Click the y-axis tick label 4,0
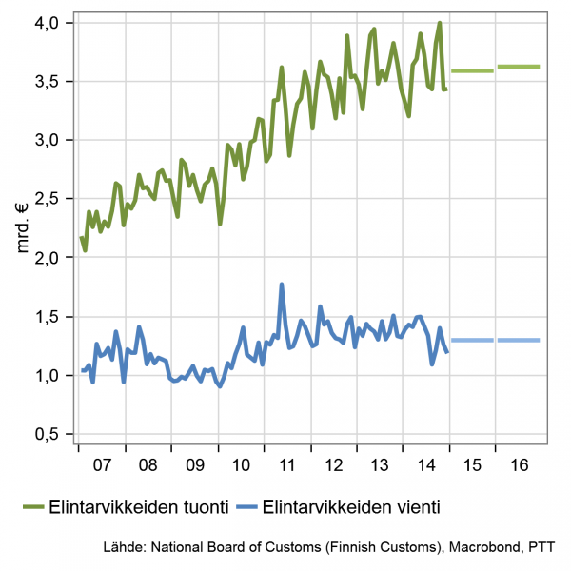click(x=46, y=22)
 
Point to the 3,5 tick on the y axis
click(x=46, y=81)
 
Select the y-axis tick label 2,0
click(x=46, y=258)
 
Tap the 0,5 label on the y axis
click(x=46, y=435)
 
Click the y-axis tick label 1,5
click(x=46, y=317)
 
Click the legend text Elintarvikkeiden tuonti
click(x=138, y=507)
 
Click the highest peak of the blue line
click(x=282, y=285)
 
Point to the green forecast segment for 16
click(x=519, y=67)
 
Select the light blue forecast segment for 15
click(x=472, y=340)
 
